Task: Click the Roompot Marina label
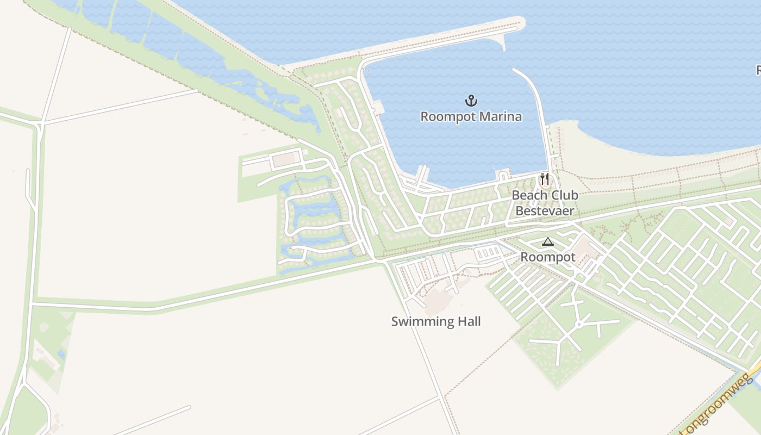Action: pyautogui.click(x=471, y=116)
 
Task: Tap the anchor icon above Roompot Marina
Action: pyautogui.click(x=471, y=101)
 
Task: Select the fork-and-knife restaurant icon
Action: pyautogui.click(x=545, y=179)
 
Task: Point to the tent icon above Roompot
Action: pyautogui.click(x=547, y=242)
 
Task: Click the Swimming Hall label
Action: pyautogui.click(x=436, y=321)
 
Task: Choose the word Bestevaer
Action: pyautogui.click(x=545, y=211)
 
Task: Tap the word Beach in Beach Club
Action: pyautogui.click(x=529, y=195)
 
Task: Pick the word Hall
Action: pyautogui.click(x=469, y=321)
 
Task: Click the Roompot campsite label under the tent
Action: pyautogui.click(x=547, y=257)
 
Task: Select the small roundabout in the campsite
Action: pyautogui.click(x=579, y=324)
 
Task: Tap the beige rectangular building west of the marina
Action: pyautogui.click(x=284, y=160)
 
